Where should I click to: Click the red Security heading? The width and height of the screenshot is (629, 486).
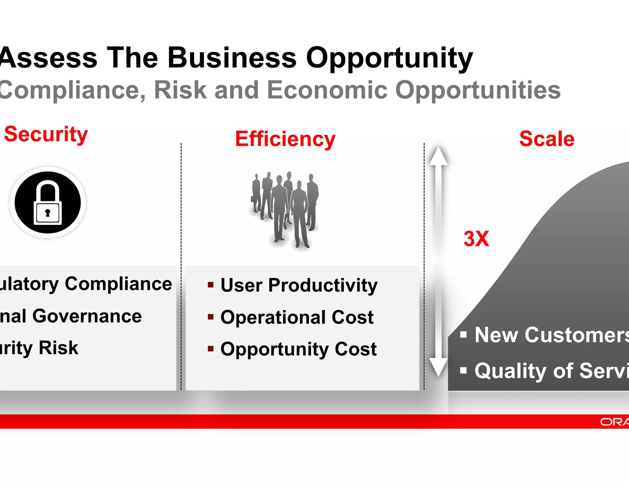46,135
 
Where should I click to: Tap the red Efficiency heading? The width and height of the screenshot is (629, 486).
285,139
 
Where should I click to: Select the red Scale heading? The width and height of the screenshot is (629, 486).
547,139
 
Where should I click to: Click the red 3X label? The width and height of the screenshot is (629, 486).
476,239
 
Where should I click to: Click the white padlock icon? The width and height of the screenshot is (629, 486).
48,203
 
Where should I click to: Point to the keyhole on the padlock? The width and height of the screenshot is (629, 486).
48,213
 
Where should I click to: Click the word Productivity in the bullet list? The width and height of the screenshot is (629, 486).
322,285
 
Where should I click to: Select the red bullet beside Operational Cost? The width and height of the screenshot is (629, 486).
211,317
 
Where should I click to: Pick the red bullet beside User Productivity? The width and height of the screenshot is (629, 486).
211,285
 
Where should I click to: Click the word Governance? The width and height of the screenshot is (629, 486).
87,316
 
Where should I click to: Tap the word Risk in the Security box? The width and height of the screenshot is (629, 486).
58,348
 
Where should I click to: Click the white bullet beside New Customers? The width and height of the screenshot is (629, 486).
463,335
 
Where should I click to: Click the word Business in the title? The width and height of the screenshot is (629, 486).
232,57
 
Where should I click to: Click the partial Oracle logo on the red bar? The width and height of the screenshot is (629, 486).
614,422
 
